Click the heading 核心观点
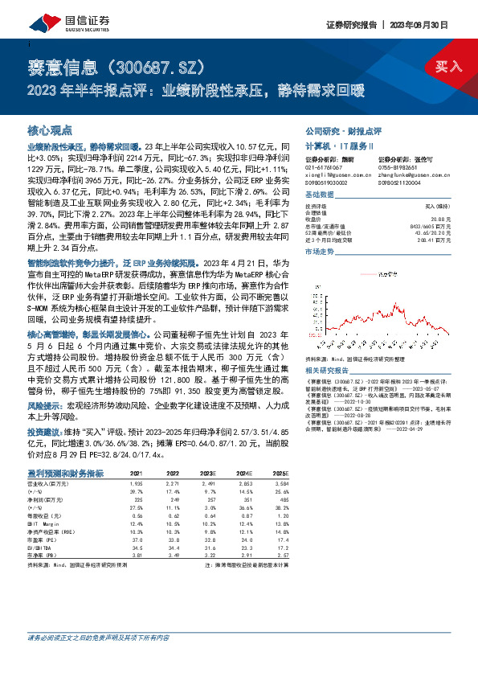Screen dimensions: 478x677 51,129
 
